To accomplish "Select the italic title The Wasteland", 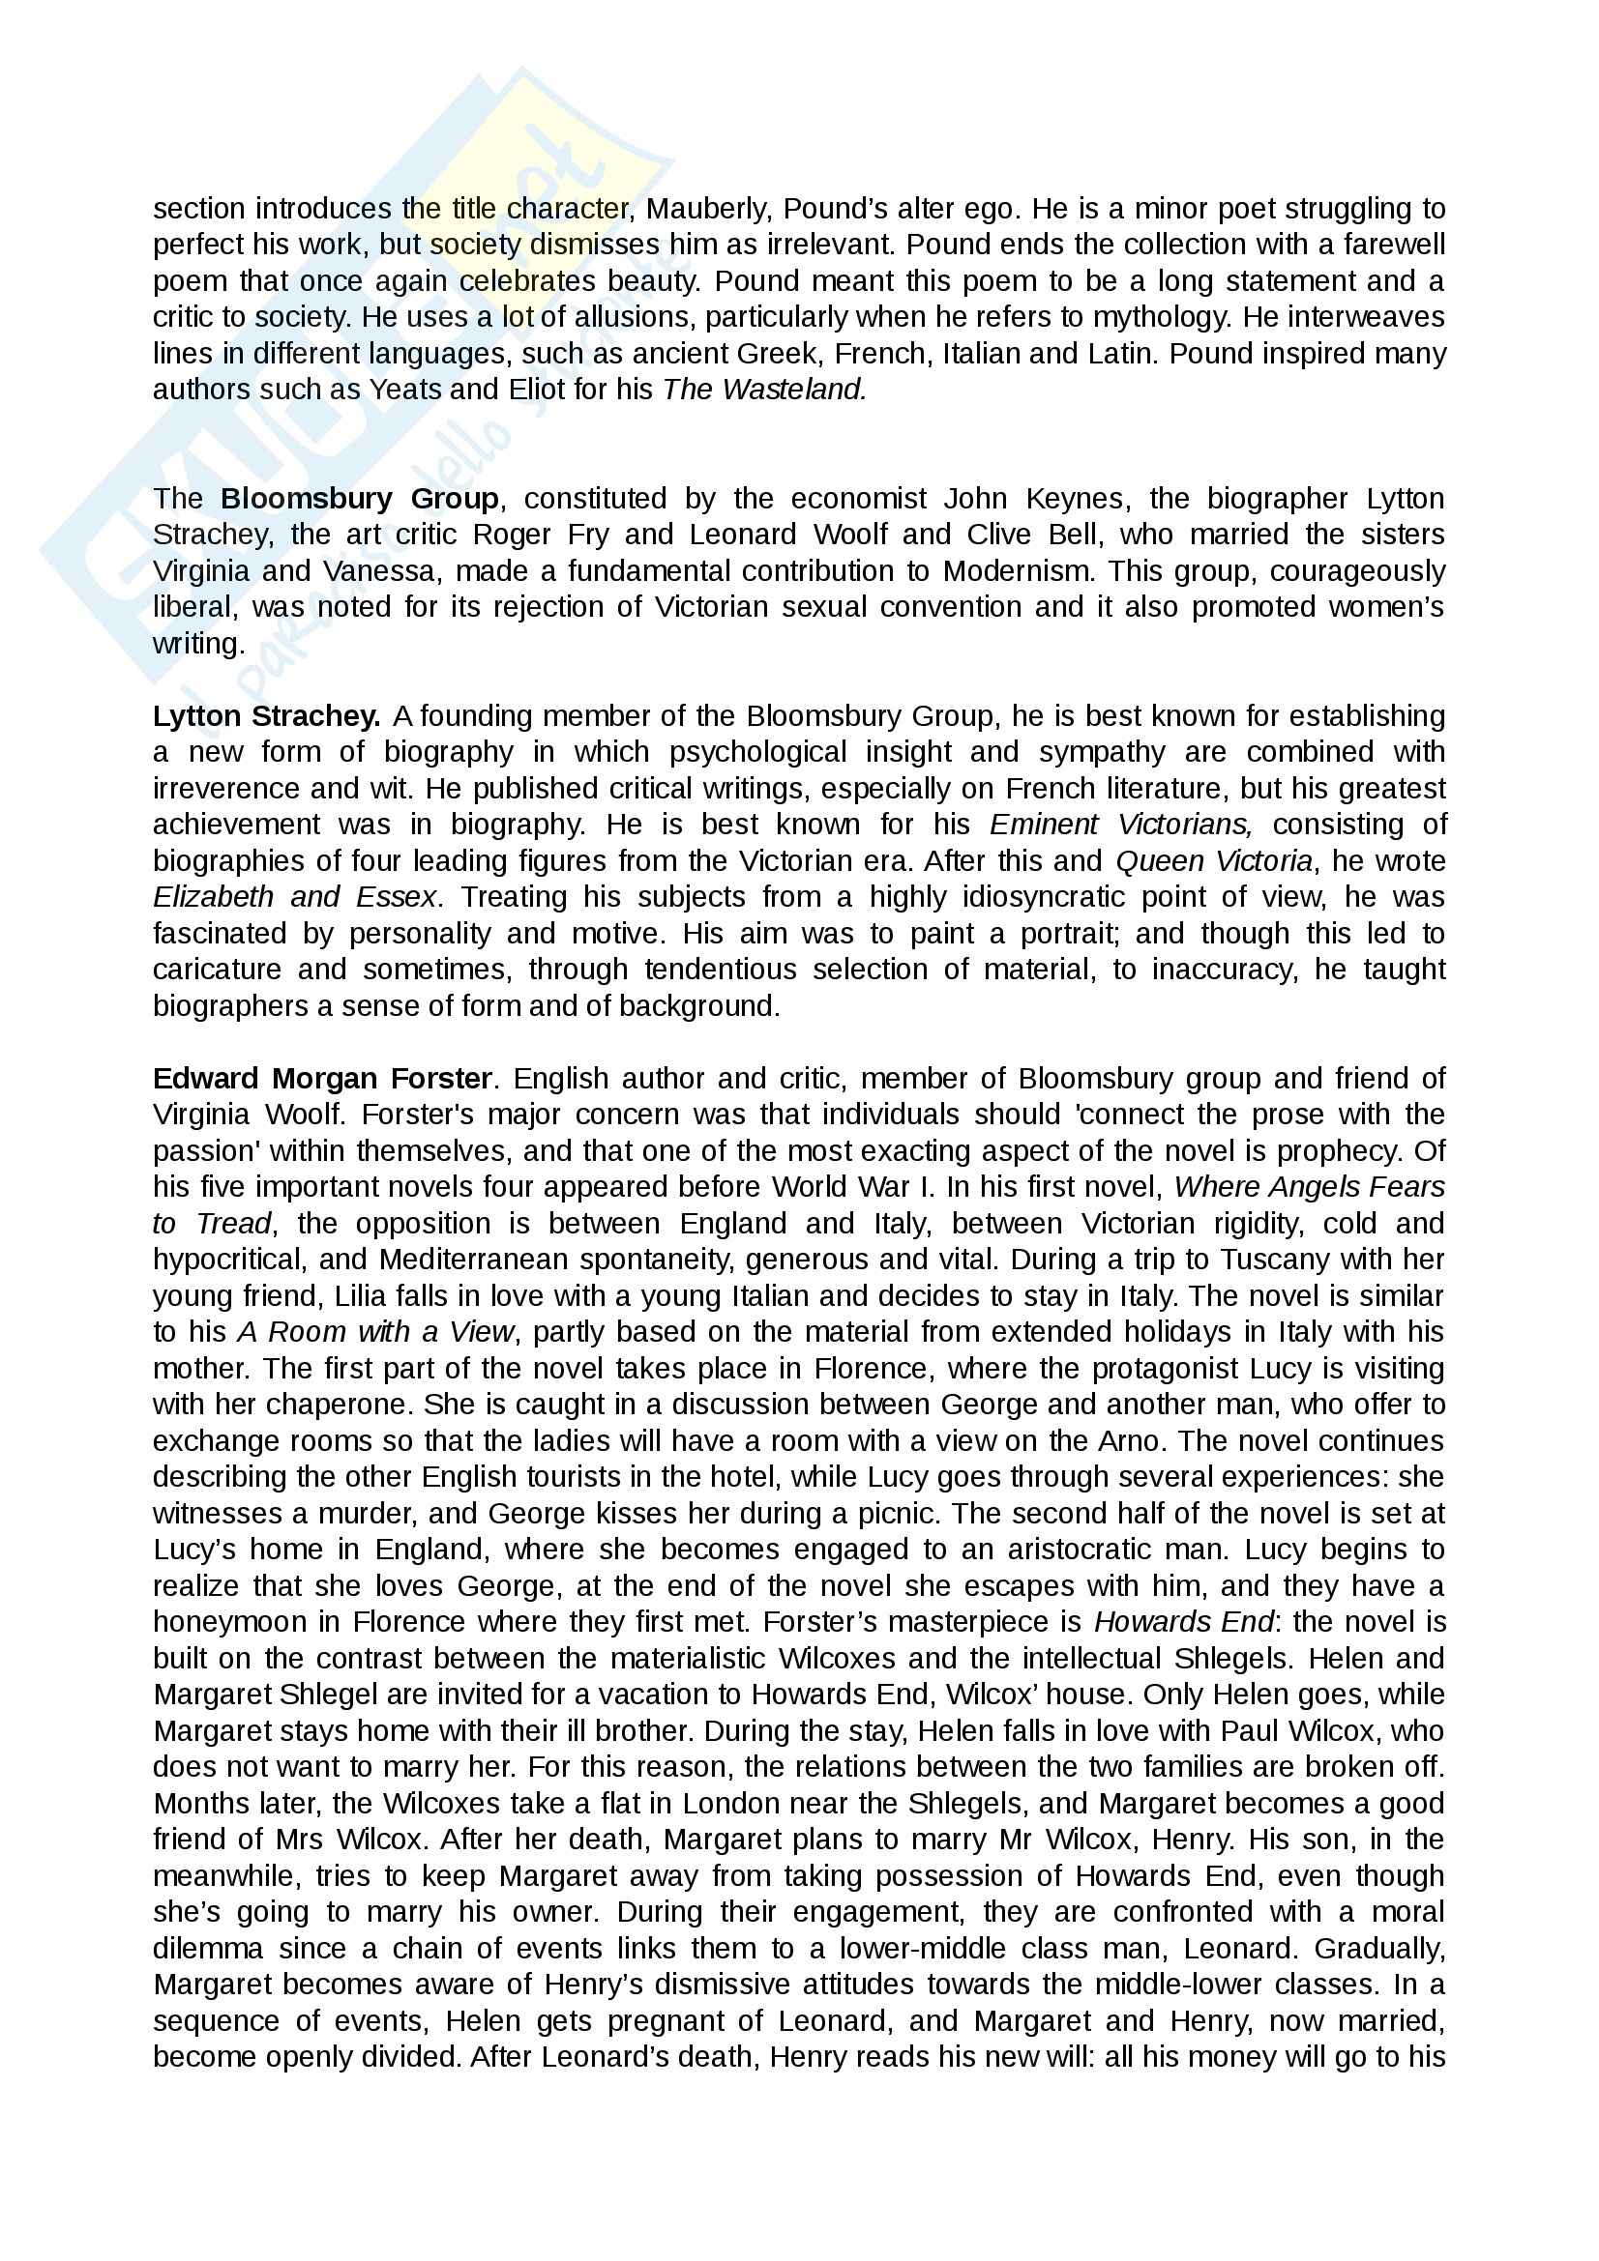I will [764, 390].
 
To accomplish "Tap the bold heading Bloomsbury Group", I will [360, 498].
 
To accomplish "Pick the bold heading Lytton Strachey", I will [266, 716].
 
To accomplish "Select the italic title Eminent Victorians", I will [1120, 825].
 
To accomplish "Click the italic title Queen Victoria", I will [1214, 860].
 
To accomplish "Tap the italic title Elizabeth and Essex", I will [295, 897].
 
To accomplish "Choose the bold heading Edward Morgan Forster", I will [322, 1079].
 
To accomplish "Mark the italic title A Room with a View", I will [375, 1332].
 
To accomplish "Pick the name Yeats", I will [405, 390].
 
